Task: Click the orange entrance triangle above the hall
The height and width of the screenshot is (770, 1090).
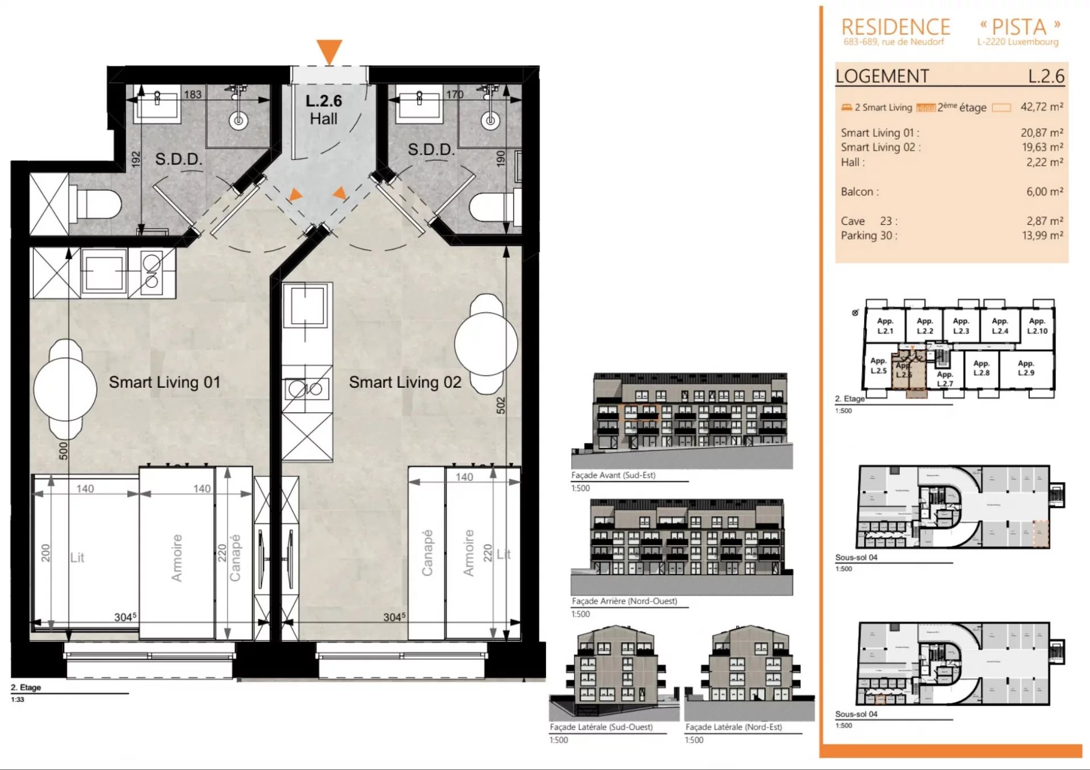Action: (x=329, y=50)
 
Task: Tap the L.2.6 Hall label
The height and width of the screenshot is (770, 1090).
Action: (x=324, y=110)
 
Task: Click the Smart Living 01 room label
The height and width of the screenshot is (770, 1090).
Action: (x=165, y=382)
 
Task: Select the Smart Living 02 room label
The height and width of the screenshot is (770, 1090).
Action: (x=405, y=382)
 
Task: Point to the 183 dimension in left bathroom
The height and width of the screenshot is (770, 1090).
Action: (x=192, y=94)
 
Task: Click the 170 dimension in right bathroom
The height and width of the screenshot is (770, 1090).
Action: (x=454, y=94)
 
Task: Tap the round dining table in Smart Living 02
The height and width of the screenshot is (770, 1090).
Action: (x=486, y=344)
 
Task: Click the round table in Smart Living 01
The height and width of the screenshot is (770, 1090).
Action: (x=65, y=390)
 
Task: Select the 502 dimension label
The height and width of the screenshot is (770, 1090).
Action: (x=500, y=405)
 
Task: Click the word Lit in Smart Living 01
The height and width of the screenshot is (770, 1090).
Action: (x=77, y=558)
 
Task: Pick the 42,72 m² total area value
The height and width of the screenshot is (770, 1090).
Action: (x=1041, y=107)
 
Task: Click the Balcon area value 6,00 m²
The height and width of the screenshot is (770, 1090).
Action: (x=1044, y=191)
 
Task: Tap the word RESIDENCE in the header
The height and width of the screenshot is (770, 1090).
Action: (x=895, y=27)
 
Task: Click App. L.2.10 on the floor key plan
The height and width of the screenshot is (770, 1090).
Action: (x=1037, y=326)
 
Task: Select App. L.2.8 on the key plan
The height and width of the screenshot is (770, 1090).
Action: (x=981, y=368)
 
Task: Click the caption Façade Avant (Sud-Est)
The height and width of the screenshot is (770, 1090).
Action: (x=613, y=475)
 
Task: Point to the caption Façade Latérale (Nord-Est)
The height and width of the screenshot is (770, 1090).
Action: (x=733, y=727)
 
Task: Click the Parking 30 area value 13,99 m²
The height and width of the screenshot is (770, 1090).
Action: (x=1042, y=235)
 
